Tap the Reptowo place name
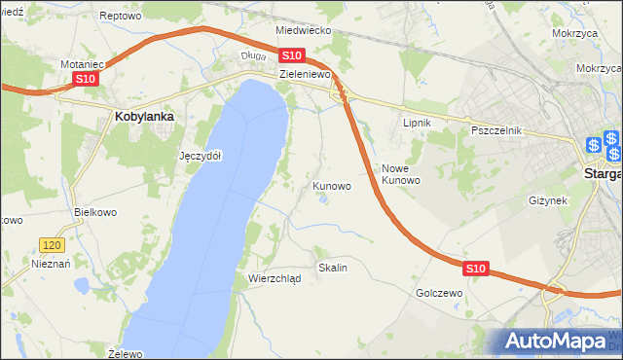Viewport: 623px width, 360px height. coord(121,17)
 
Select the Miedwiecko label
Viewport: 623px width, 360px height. coord(304,30)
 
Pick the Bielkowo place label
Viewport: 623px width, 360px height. coord(95,211)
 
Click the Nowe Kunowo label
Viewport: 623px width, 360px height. coord(400,174)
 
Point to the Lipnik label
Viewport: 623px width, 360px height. coord(417,124)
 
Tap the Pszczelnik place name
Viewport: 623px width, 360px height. coord(496,130)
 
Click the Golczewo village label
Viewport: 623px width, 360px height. coord(438,292)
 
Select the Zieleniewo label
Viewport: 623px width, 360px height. coord(306,73)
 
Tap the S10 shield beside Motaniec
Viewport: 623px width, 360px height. coord(86,79)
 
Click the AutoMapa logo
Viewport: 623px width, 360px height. coord(558,341)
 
